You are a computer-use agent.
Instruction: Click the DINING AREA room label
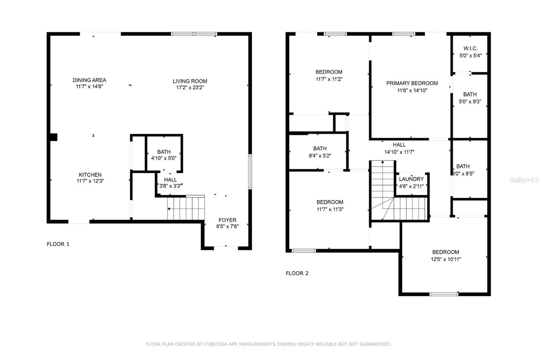89,80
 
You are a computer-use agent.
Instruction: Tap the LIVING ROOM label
190,81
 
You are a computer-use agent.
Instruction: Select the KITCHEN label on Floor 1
90,175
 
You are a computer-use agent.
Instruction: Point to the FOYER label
227,220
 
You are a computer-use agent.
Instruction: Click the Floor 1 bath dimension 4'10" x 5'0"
164,158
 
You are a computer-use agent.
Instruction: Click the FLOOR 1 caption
58,244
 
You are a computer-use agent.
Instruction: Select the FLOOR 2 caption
297,273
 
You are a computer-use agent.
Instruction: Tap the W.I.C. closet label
470,49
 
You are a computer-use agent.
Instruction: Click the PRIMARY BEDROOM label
412,83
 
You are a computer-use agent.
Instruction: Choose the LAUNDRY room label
411,179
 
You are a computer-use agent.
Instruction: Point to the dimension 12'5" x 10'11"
446,259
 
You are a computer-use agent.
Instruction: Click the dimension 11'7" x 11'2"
329,79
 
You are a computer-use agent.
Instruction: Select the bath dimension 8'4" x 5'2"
320,156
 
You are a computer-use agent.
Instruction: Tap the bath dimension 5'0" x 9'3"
470,102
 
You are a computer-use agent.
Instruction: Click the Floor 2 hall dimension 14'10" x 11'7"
399,152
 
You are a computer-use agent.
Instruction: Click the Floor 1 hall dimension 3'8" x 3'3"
170,186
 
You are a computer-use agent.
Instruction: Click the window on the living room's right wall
250,172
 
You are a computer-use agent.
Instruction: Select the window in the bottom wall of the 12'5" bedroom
443,294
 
